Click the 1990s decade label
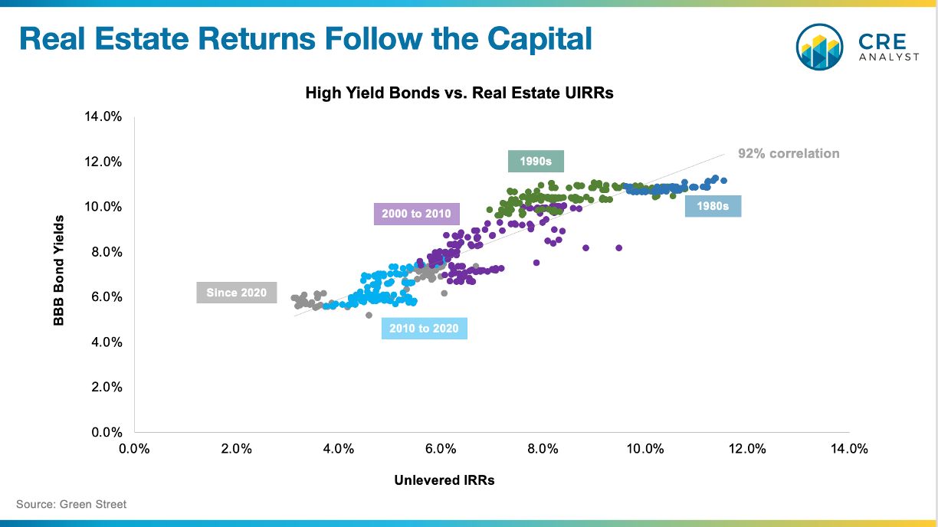pos(536,161)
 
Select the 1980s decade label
pos(713,206)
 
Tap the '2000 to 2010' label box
pos(417,214)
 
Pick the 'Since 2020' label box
pos(237,293)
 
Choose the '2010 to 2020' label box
pos(425,328)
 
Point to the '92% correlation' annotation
pos(789,154)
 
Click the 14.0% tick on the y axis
pos(103,116)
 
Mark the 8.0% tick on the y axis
pos(107,252)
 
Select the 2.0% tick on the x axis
pos(237,449)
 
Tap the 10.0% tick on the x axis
pos(645,449)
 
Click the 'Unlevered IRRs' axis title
pos(444,480)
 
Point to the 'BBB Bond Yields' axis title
pos(58,270)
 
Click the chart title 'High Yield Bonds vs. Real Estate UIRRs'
pos(459,93)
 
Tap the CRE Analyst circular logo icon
pos(819,47)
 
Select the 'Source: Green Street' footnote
pos(71,504)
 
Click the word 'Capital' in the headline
pos(540,39)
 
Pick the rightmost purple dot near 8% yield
pos(619,248)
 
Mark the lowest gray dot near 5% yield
pos(369,315)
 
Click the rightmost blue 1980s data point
pos(723,181)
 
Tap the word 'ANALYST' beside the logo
pos(889,57)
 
